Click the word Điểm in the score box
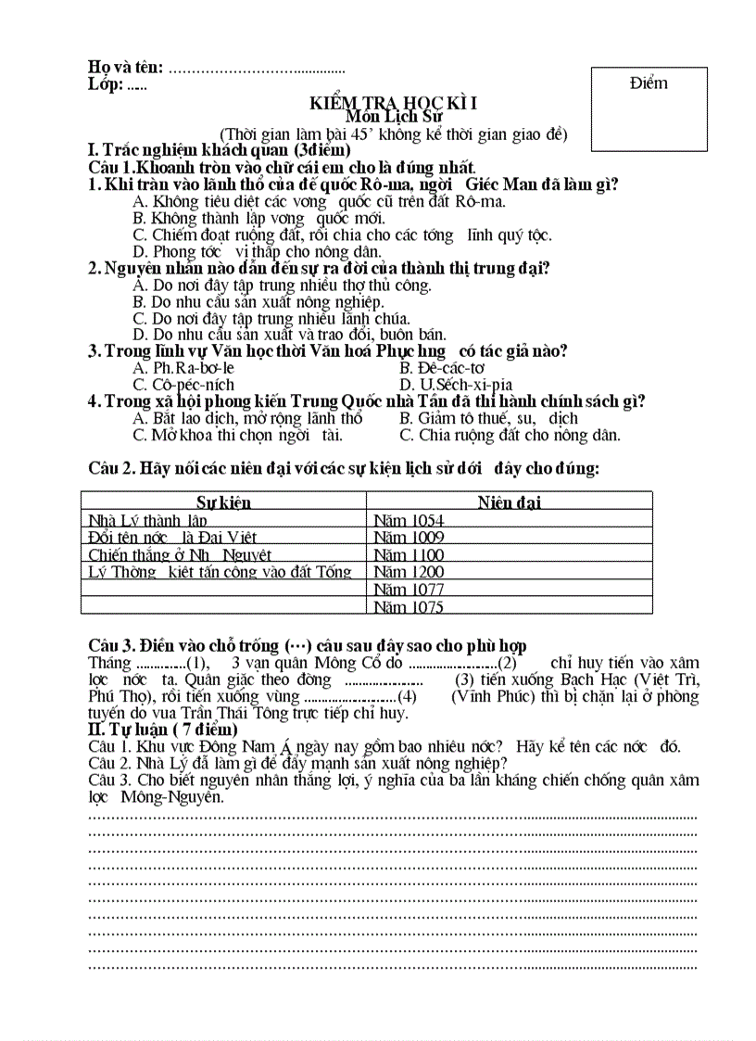tap(648, 83)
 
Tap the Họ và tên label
tap(125, 67)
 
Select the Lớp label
tap(106, 84)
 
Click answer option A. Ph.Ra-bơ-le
tap(183, 368)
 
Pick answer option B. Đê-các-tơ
tap(450, 368)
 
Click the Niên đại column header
tap(510, 502)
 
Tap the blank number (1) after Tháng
tap(197, 663)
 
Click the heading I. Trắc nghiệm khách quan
tap(219, 150)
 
